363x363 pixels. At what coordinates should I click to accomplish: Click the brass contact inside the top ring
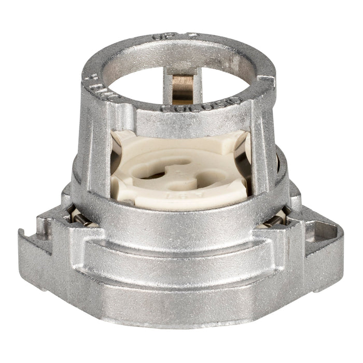(x=180, y=89)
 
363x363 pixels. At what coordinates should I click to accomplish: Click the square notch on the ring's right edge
(x=264, y=81)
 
